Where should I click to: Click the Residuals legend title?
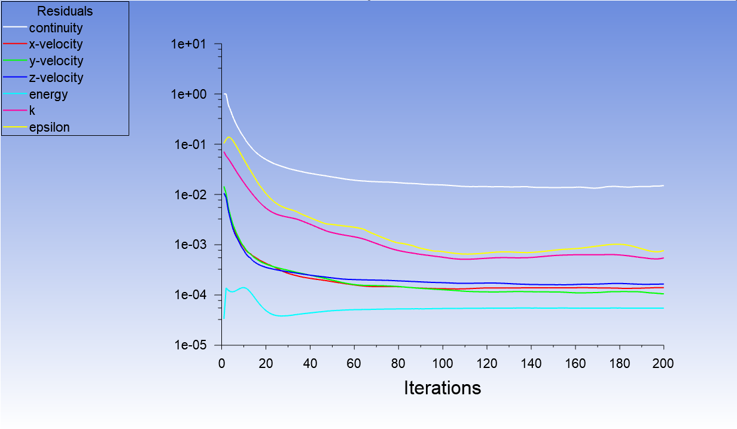point(65,11)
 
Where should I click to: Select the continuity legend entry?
point(56,28)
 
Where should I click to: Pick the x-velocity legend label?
point(56,44)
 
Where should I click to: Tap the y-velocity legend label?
point(56,61)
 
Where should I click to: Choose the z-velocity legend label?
point(56,78)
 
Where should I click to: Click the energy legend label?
point(48,95)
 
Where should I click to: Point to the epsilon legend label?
point(49,127)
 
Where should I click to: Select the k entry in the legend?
point(32,111)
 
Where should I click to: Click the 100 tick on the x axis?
point(442,363)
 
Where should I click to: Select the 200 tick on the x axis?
point(663,363)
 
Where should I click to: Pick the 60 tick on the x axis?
point(354,363)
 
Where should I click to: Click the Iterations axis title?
point(442,388)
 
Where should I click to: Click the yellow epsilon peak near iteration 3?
point(229,137)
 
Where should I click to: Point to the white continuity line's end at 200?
point(663,185)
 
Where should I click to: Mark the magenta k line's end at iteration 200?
point(663,258)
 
